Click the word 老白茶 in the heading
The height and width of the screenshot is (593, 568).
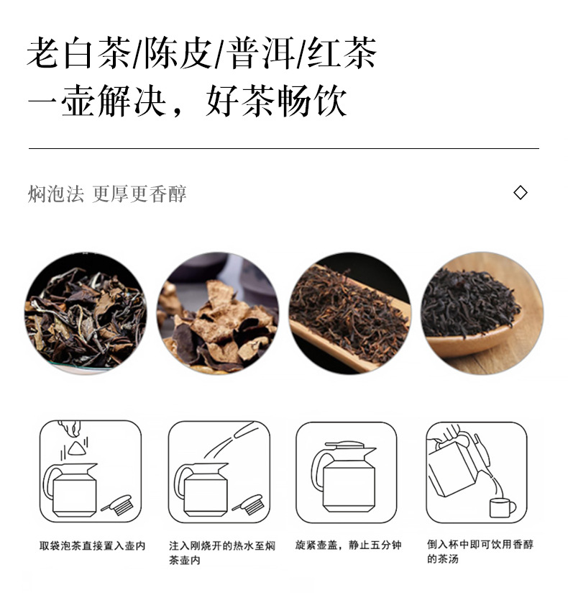tap(79, 53)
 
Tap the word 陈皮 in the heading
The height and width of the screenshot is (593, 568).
tap(178, 53)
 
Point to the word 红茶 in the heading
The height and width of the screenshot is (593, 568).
tap(342, 53)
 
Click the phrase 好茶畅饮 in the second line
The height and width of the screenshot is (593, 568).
tap(276, 101)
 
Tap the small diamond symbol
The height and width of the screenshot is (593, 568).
tap(521, 193)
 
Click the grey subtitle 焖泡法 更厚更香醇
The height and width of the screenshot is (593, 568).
tap(107, 194)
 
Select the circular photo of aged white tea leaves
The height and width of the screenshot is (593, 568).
tap(86, 314)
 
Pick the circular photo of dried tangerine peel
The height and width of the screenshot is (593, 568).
tap(218, 314)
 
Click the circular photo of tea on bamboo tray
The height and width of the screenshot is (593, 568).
tap(350, 314)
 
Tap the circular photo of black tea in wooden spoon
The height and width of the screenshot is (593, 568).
tap(482, 314)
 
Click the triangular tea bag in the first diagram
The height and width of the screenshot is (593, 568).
tap(78, 448)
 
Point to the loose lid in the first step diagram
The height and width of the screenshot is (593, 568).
tap(118, 504)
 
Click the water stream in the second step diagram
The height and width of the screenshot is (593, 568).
tap(232, 440)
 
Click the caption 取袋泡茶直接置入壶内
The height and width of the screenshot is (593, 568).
tap(92, 546)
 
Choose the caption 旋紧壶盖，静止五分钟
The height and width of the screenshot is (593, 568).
tap(349, 545)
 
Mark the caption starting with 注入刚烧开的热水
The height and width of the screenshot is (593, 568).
tap(222, 553)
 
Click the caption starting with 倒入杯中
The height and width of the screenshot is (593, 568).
tap(480, 551)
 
